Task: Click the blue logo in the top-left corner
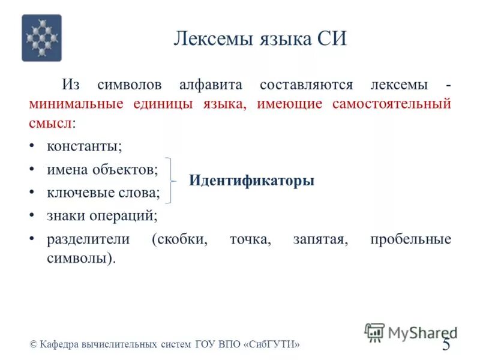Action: (41, 38)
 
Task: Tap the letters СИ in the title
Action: (332, 39)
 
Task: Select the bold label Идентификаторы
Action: (251, 181)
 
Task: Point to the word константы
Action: (85, 146)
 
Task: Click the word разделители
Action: (88, 239)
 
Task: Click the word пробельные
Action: (410, 239)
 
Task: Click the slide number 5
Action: (446, 344)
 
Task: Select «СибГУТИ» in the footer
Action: (272, 344)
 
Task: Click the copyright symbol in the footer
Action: (34, 344)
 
